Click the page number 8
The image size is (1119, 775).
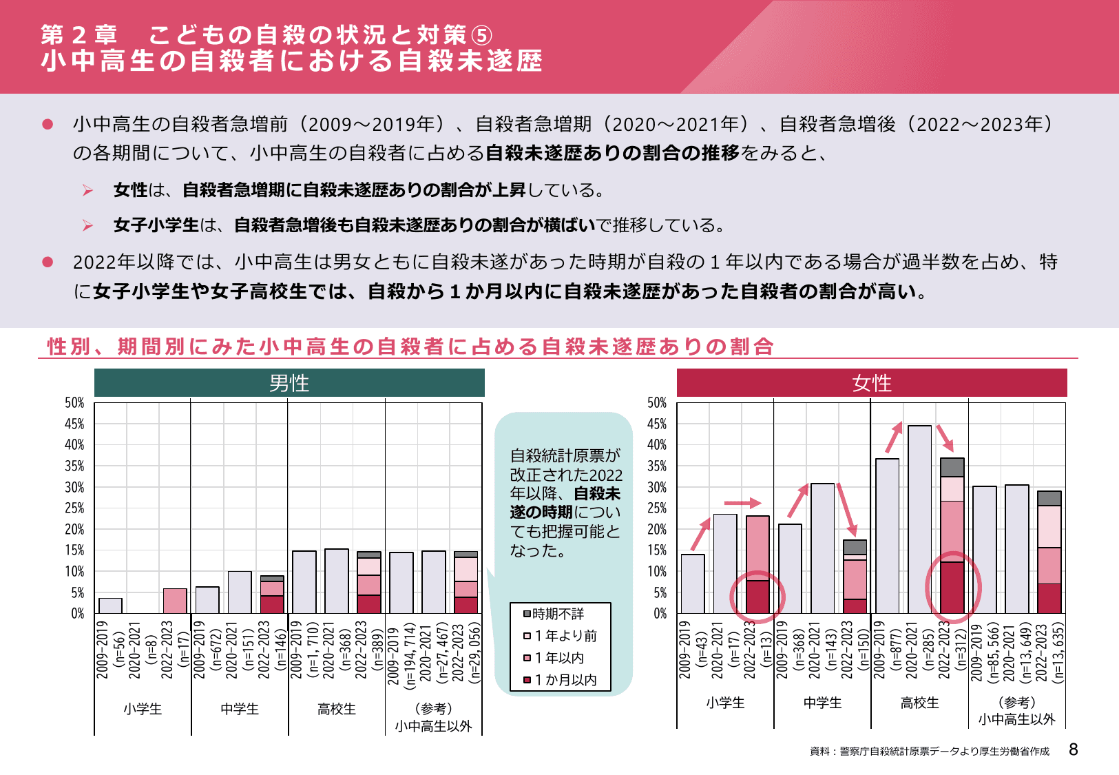pos(1073,750)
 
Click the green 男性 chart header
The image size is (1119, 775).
pos(289,383)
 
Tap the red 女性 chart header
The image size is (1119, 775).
pos(872,383)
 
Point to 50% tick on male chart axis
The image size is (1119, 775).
pos(74,403)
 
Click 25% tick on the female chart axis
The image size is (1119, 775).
pos(657,508)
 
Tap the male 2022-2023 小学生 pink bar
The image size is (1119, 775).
pos(175,601)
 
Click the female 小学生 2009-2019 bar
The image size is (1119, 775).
pos(693,584)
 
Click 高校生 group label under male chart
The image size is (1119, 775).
pos(337,709)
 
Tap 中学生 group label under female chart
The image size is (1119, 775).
pos(822,703)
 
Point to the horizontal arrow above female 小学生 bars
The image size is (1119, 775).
pos(742,503)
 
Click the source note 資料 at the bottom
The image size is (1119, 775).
pos(930,752)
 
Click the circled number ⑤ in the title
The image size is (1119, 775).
pos(481,35)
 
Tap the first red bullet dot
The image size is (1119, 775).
pos(48,124)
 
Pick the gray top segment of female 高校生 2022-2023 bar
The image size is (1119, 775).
pos(952,467)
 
